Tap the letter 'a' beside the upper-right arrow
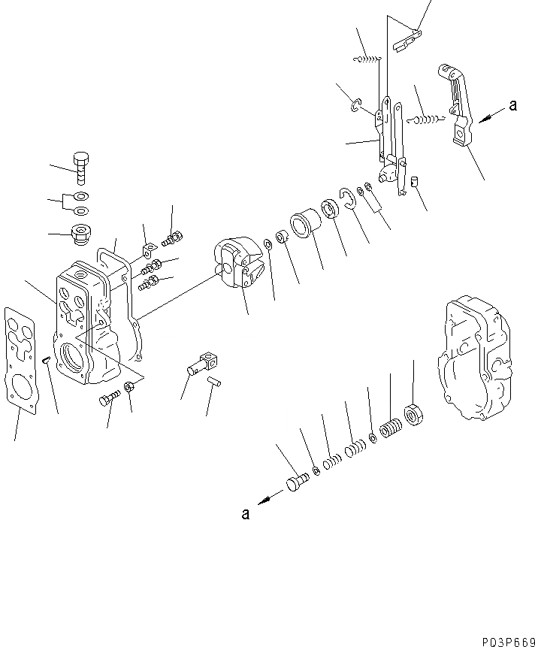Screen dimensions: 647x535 point(512,107)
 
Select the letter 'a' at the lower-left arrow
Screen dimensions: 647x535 point(244,514)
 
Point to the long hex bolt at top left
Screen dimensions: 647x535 point(81,168)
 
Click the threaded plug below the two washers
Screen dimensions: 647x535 point(80,235)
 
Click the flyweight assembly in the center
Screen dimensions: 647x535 point(234,264)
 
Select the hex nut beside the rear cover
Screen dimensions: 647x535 point(413,413)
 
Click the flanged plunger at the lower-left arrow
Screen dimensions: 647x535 point(296,482)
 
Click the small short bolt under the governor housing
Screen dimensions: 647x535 point(109,398)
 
